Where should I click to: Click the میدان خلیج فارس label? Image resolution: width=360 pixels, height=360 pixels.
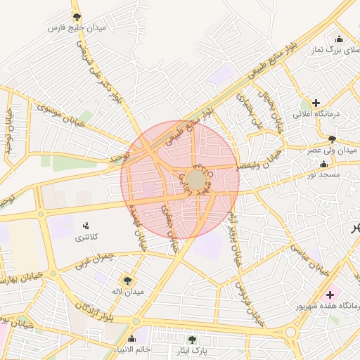pyautogui.click(x=77, y=28)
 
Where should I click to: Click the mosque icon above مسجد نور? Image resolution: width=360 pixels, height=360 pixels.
pyautogui.click(x=324, y=163)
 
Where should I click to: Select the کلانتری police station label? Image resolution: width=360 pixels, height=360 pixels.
pyautogui.click(x=86, y=237)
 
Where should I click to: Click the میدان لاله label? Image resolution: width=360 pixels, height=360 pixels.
pyautogui.click(x=127, y=291)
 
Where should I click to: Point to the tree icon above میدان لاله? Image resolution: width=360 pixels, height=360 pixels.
pyautogui.click(x=127, y=280)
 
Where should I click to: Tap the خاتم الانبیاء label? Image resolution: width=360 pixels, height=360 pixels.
pyautogui.click(x=133, y=349)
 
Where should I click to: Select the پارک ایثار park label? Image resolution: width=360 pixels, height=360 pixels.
pyautogui.click(x=192, y=350)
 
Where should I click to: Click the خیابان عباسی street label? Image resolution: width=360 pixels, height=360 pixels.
pyautogui.click(x=309, y=263)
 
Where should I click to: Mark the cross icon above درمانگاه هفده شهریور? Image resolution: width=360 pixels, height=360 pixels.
pyautogui.click(x=330, y=294)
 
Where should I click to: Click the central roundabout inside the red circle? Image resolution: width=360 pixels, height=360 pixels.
pyautogui.click(x=197, y=181)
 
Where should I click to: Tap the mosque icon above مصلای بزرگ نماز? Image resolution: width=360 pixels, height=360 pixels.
pyautogui.click(x=340, y=39)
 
